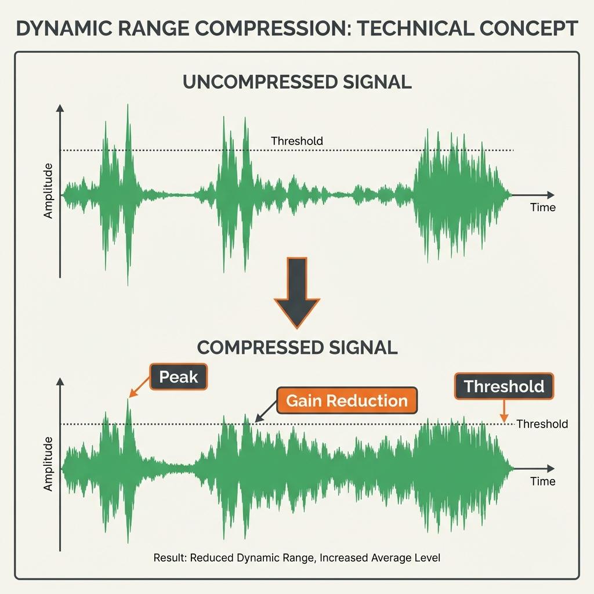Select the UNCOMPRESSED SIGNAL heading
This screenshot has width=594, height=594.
point(297,82)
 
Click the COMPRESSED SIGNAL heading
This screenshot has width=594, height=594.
point(297,347)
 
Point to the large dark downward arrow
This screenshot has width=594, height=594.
point(297,292)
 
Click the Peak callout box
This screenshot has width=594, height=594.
point(179,376)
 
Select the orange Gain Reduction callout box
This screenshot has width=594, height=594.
point(347,400)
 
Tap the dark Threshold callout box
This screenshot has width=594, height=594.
point(504,386)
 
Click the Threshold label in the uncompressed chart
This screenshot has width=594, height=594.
point(296,141)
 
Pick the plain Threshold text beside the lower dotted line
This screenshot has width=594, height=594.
point(542,424)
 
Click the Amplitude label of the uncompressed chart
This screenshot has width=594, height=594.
point(48,191)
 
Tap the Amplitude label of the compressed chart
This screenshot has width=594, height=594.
point(48,464)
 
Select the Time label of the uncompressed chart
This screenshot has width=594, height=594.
point(542,207)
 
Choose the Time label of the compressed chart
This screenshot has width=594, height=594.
point(542,481)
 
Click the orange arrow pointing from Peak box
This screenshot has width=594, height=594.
point(139,387)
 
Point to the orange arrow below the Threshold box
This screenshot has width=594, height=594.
point(504,411)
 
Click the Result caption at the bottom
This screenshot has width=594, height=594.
point(296,557)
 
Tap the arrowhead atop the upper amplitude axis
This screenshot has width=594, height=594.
point(60,108)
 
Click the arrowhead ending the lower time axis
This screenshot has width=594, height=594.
point(550,469)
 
